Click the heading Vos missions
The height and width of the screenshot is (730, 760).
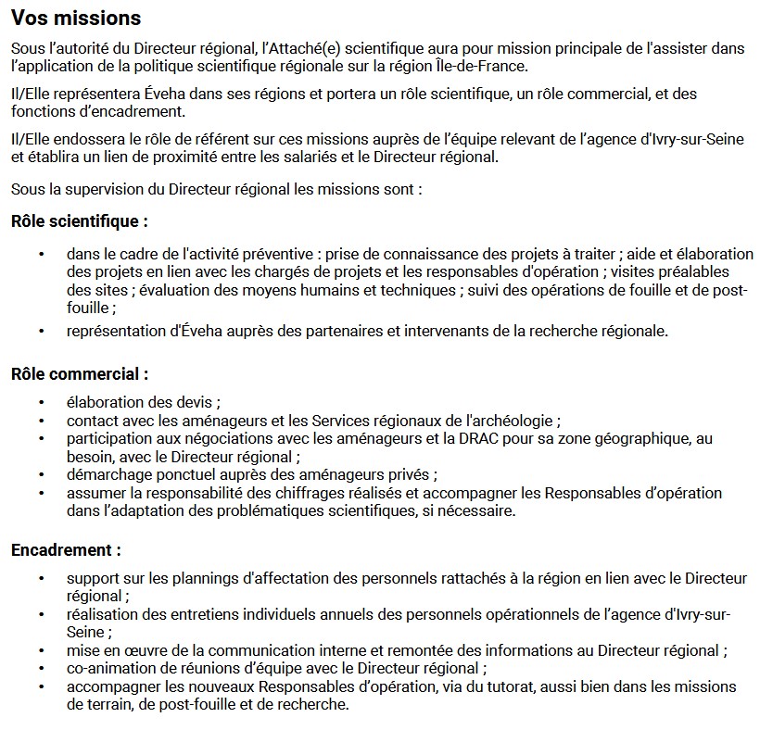(76, 18)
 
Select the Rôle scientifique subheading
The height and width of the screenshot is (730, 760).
(79, 221)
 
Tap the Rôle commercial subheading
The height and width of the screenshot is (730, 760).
(80, 374)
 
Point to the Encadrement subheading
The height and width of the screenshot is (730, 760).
(66, 550)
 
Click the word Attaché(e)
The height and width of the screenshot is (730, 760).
(296, 47)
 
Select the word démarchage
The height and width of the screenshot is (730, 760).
(105, 474)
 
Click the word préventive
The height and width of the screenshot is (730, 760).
(269, 253)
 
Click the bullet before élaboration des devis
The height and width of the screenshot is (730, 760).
(41, 402)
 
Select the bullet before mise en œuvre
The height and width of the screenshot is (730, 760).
(41, 650)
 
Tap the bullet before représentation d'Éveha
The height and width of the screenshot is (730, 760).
(41, 331)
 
